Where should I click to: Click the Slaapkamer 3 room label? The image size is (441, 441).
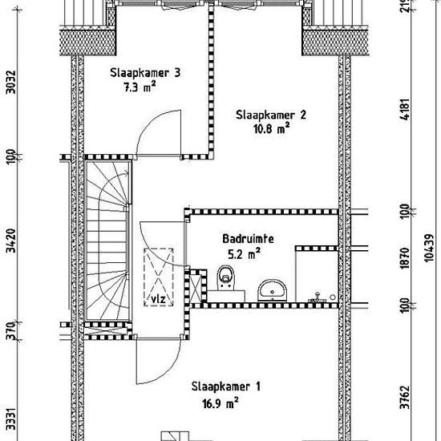coord(145,73)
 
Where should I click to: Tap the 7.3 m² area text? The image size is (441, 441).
coord(140,87)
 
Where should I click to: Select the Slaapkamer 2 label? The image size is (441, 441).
coord(270,115)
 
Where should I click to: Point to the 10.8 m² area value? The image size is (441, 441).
coord(271,129)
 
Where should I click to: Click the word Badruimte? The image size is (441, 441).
coord(248,239)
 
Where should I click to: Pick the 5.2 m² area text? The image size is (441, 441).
coord(244,254)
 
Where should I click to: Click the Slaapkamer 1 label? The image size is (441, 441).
coord(226,386)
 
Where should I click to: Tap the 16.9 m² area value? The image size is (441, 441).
coord(220,403)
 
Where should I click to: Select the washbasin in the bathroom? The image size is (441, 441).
coord(273,290)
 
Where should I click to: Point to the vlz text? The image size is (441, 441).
coord(158,299)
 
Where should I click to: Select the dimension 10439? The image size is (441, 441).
coord(430,248)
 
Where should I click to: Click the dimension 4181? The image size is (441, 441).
coord(405,109)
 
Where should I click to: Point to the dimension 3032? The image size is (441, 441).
coord(11,82)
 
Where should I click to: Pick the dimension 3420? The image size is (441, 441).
coord(11,241)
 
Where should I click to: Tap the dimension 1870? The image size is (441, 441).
coord(405,258)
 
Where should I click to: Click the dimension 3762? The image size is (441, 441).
coord(405,397)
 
